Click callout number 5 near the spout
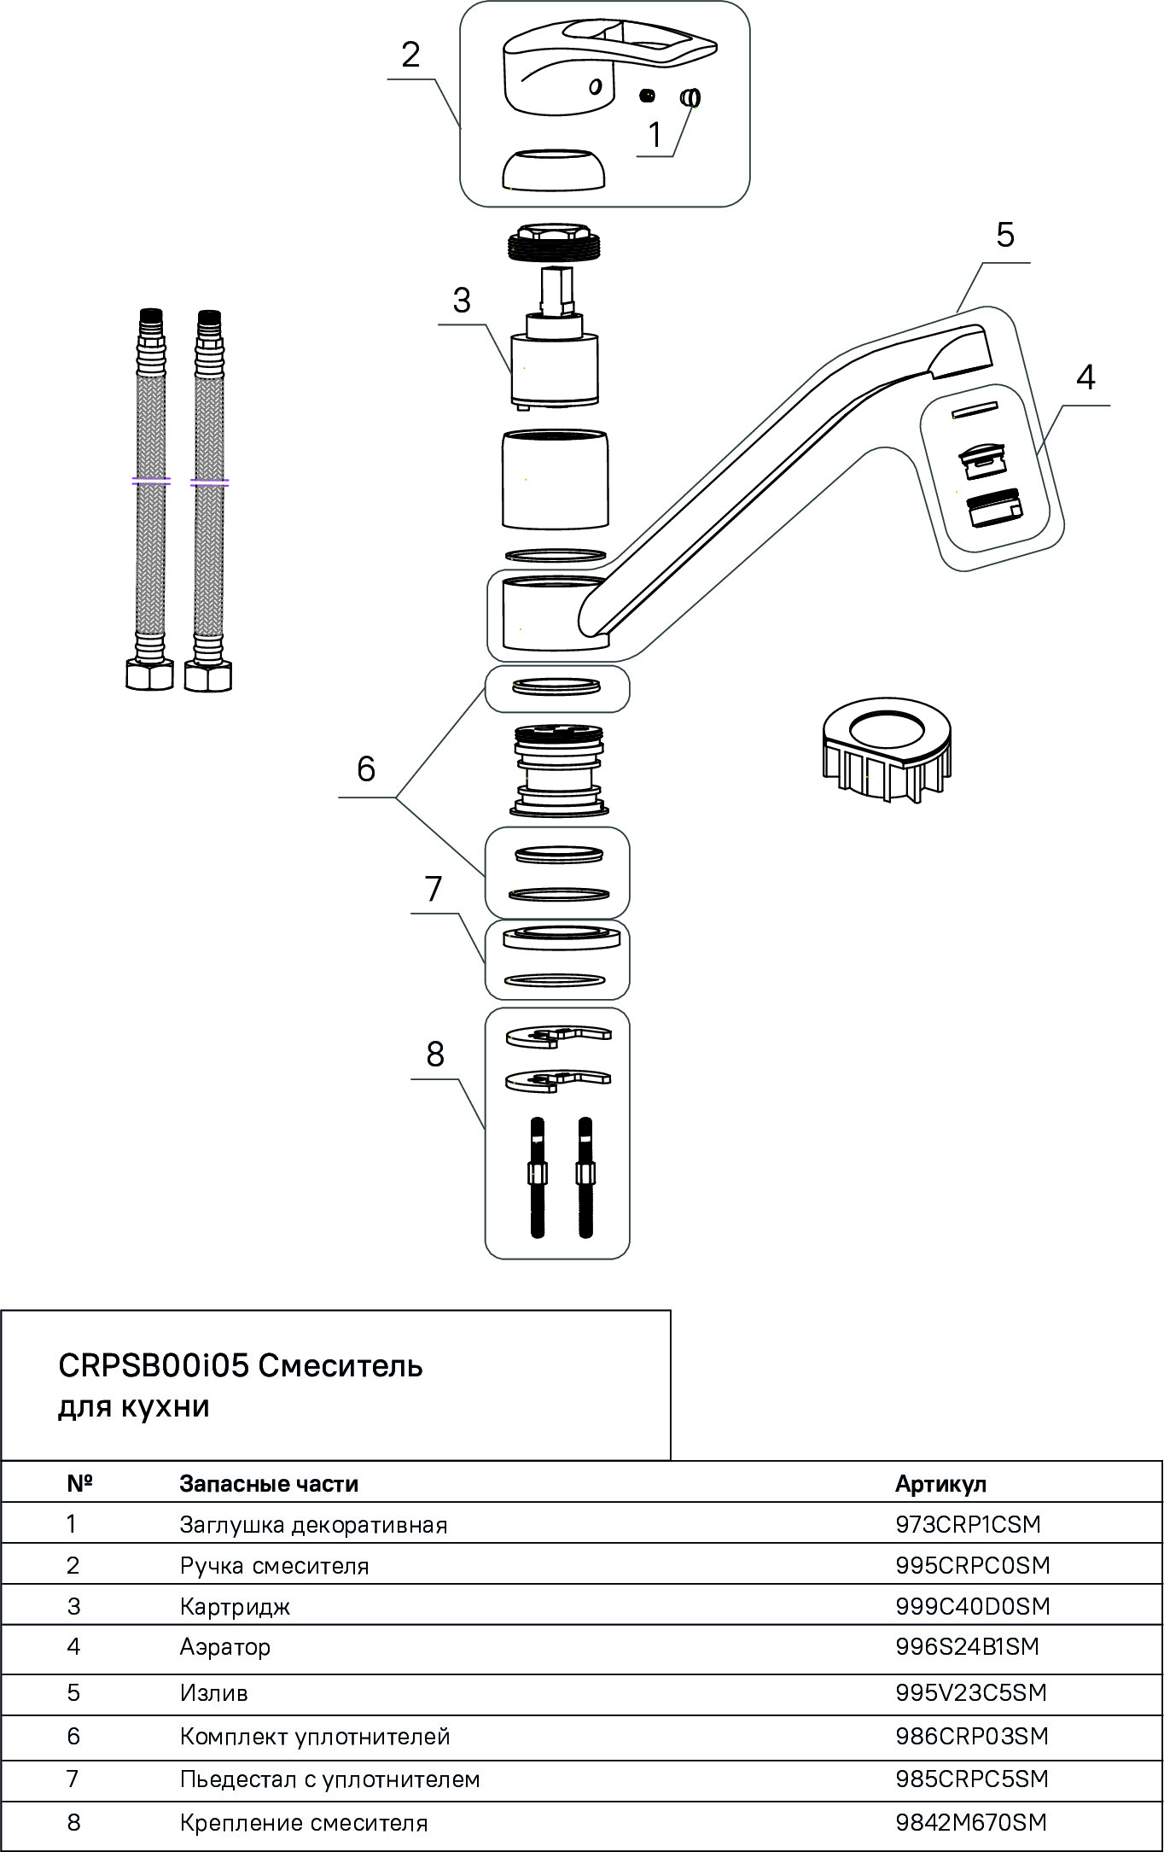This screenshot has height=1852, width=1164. pyautogui.click(x=1004, y=235)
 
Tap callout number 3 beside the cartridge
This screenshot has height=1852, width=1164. pyautogui.click(x=462, y=301)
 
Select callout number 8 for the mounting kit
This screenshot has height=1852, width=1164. pyautogui.click(x=435, y=1055)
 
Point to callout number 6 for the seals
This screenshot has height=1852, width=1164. pyautogui.click(x=366, y=769)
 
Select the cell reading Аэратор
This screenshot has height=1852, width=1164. pyautogui.click(x=224, y=1646)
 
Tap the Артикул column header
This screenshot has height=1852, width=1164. pyautogui.click(x=940, y=1483)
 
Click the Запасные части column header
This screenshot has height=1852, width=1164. pyautogui.click(x=269, y=1483)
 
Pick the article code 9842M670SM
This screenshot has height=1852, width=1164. pyautogui.click(x=970, y=1822)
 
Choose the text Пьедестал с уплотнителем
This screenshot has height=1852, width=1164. pyautogui.click(x=329, y=1779)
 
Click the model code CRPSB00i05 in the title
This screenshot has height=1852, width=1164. pyautogui.click(x=153, y=1365)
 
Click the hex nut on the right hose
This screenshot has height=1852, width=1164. pyautogui.click(x=208, y=676)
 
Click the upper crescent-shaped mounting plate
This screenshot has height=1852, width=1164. pyautogui.click(x=558, y=1036)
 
